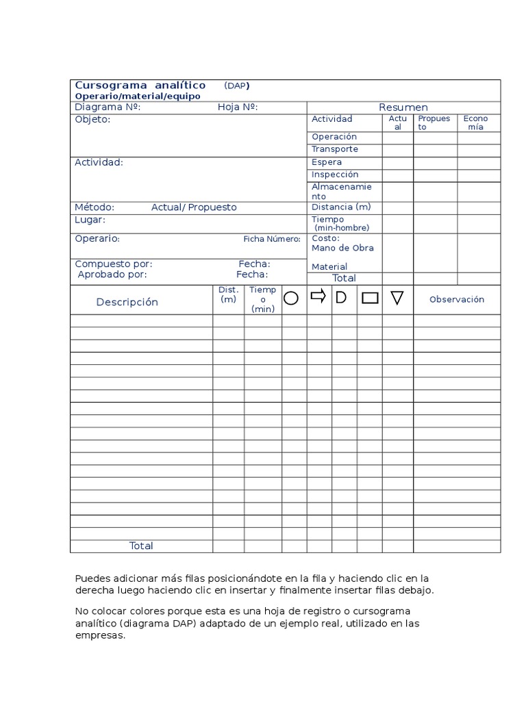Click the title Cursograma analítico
coord(140,86)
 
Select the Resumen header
coord(403,107)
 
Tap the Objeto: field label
coord(92,120)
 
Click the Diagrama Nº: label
coord(108,107)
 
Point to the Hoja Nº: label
coord(238,107)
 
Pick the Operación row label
coord(334,137)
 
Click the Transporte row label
coord(335,149)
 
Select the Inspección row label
coord(335,175)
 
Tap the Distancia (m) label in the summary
coord(341,207)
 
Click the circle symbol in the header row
coord(291,298)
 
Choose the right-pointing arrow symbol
coord(318,296)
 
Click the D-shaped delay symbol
coord(340,297)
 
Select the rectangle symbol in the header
coord(370,298)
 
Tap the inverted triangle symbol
coord(397,298)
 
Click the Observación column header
coord(456,299)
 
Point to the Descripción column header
coord(127,302)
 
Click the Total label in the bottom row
coord(141,546)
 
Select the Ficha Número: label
coord(272,239)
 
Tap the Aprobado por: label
coord(112,275)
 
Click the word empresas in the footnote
coord(101,635)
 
